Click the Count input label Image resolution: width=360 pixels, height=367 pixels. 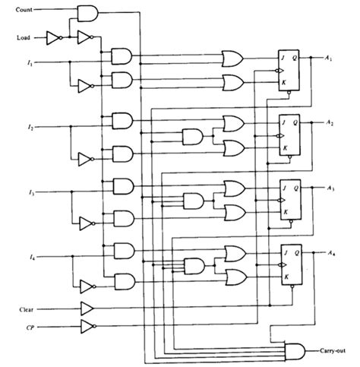point(24,10)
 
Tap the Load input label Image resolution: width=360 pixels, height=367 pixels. point(24,38)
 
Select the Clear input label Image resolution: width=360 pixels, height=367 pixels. point(27,309)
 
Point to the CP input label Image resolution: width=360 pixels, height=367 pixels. point(30,327)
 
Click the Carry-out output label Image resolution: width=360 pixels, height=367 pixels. point(333,351)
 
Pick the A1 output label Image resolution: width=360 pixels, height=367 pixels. point(329,59)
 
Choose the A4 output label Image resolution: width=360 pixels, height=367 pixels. point(331,253)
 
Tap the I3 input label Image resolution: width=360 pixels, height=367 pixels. point(31,192)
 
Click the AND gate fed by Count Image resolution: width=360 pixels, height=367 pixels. point(87,14)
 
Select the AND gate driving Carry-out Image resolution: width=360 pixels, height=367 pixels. point(295,352)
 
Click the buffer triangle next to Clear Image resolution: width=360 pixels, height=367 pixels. point(87,308)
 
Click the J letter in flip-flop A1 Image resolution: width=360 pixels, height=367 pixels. point(283,58)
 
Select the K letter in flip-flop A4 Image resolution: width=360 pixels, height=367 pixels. point(286,277)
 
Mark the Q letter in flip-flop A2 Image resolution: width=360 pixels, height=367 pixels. point(295,123)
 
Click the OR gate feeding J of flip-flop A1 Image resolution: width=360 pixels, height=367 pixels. point(232,59)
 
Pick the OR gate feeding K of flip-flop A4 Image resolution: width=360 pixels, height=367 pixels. point(236,277)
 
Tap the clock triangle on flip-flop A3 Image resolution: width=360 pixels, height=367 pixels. point(282,200)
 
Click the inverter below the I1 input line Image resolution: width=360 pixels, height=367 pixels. point(86,86)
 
